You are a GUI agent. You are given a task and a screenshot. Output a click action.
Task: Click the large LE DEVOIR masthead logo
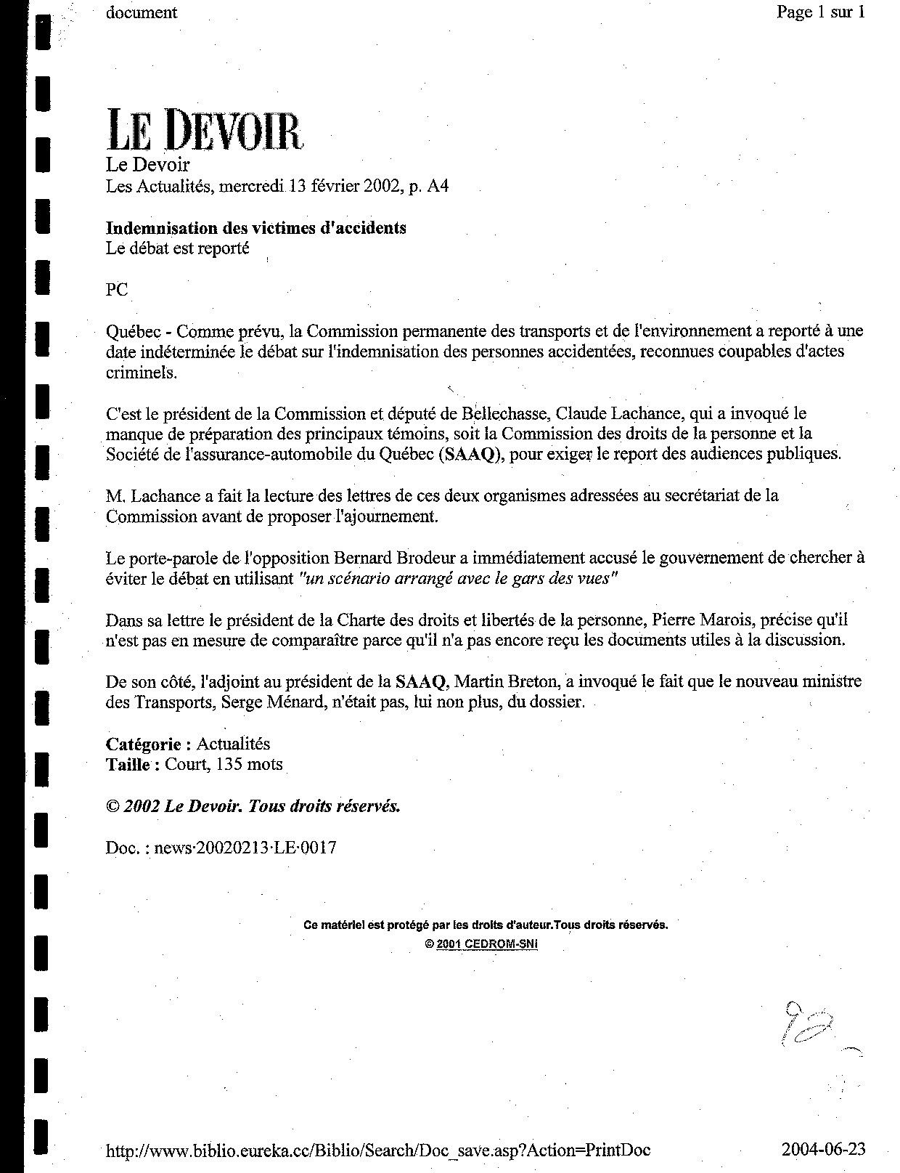[x=204, y=130]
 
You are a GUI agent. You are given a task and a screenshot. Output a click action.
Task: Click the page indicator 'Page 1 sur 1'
[x=820, y=12]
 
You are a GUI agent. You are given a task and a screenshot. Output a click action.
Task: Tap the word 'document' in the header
[x=142, y=12]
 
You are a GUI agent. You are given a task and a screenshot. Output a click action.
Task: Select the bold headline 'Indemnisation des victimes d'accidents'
[x=256, y=228]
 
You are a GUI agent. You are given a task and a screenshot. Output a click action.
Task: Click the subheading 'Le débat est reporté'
[x=178, y=248]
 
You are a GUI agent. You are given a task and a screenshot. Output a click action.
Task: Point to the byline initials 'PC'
[x=117, y=290]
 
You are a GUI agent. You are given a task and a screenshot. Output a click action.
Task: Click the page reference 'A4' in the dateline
[x=438, y=187]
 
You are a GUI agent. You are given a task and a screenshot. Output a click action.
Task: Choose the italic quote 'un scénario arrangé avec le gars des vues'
[x=459, y=579]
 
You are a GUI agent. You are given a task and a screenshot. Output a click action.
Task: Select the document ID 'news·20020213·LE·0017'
[x=241, y=848]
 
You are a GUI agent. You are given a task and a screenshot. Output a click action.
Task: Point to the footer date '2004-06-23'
[x=824, y=1150]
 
